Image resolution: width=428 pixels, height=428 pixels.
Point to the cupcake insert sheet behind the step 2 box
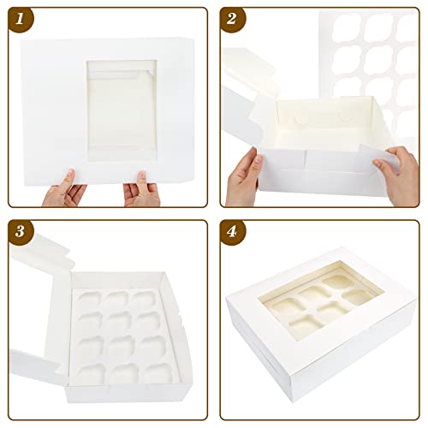click(x=368, y=51)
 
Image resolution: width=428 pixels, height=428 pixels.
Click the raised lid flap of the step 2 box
click(x=253, y=86)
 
